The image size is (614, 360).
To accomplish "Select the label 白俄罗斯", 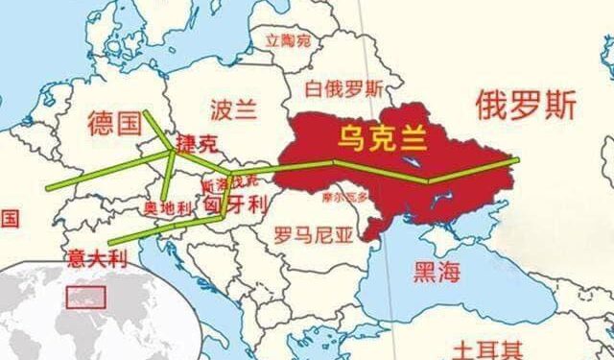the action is (344, 88).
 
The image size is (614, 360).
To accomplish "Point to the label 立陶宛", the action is (288, 40).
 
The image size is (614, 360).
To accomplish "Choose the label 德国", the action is (114, 124).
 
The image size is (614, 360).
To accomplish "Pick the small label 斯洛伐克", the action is (229, 179).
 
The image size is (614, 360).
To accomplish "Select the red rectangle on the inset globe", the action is (83, 296).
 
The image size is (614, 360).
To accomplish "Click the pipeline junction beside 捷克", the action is (174, 151).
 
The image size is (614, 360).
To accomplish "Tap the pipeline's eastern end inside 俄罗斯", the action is (516, 159).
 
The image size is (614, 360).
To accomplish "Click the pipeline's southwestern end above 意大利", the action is (109, 242).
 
